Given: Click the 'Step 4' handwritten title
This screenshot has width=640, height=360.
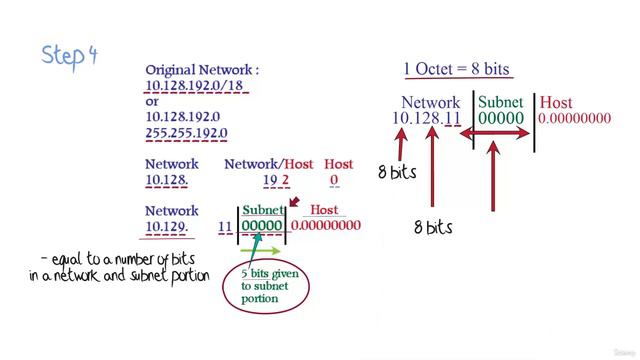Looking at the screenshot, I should point(69,54).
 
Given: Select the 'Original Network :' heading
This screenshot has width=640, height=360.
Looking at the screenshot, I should point(203,70).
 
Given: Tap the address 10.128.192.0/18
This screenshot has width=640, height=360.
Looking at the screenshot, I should point(195,87).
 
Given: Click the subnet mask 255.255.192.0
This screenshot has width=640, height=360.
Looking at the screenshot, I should point(187,132).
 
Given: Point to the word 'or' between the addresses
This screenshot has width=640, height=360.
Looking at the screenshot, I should point(152,101).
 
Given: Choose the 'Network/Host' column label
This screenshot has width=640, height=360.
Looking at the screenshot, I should point(269,164).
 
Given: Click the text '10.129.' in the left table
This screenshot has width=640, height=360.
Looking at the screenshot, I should point(167,227).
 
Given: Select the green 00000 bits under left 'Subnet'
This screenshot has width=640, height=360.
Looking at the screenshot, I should point(263,227).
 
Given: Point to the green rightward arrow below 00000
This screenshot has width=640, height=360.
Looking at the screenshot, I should point(262,251).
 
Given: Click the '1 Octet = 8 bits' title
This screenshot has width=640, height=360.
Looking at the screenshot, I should point(456,70).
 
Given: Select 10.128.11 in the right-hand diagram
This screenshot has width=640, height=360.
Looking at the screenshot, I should point(426,118).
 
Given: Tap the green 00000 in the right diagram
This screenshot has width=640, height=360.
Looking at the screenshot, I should point(500,118).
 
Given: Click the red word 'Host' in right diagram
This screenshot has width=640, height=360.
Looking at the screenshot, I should point(556,102).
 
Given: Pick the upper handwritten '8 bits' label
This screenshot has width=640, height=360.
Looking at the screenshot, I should point(397,172).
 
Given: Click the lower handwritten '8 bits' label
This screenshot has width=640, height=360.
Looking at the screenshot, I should point(433,228).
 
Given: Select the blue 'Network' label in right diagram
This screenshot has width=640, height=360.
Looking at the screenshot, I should point(430,102).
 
